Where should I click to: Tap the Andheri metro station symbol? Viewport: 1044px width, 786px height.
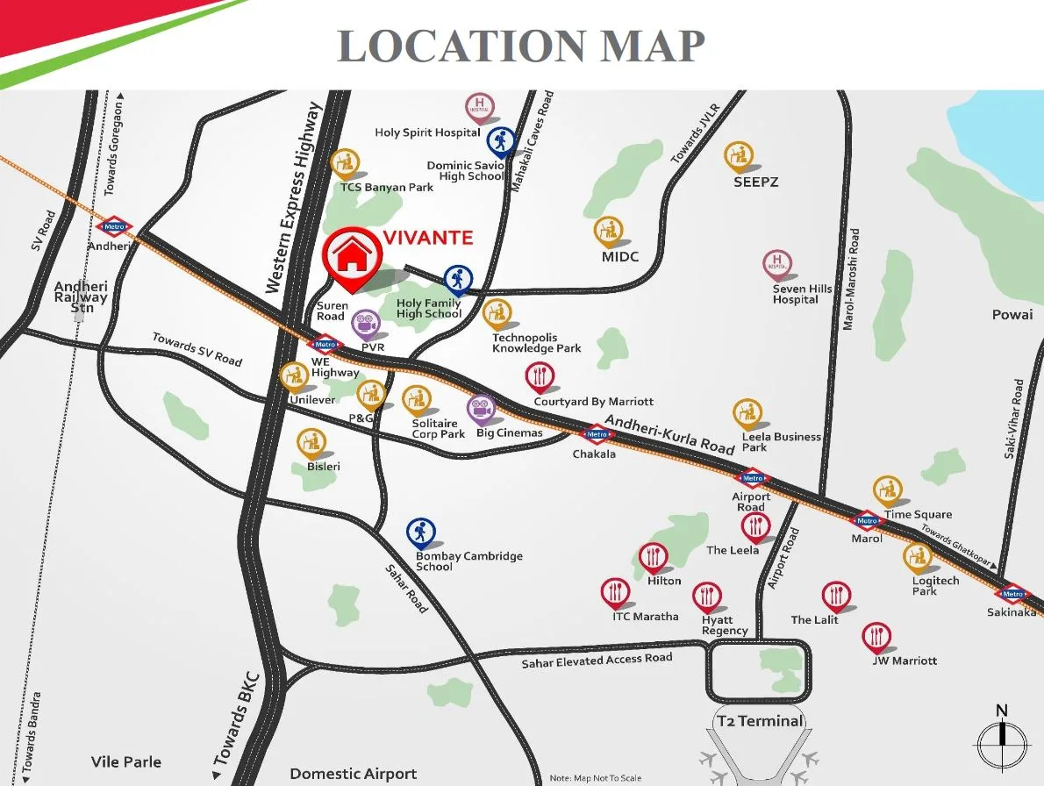[114, 227]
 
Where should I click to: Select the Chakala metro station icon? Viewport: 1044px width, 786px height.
[597, 433]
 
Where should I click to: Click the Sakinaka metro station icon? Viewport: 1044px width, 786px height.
[1013, 594]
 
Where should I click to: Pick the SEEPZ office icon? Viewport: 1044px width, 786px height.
[740, 157]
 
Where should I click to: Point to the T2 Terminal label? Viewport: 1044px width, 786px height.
[760, 721]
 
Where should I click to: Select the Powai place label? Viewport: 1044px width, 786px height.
[1012, 314]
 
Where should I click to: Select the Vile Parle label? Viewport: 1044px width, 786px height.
[126, 761]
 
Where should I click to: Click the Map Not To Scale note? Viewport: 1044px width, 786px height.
[596, 778]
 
